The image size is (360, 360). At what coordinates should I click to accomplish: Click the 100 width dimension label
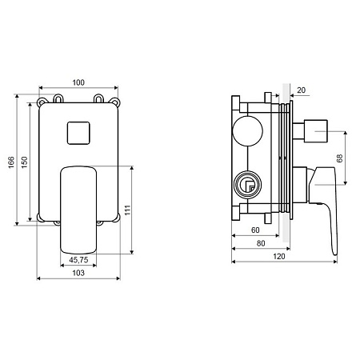point(78,82)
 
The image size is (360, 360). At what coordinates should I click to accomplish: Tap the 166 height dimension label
point(11,162)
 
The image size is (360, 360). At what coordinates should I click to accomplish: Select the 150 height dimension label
point(24,162)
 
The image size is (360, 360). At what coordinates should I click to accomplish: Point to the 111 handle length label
point(128,210)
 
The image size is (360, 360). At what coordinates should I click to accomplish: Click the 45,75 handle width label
point(78,260)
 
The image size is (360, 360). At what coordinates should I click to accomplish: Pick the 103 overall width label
point(78,273)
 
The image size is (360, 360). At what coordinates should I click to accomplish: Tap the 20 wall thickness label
point(301,90)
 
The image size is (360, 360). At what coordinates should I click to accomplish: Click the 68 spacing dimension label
point(339,158)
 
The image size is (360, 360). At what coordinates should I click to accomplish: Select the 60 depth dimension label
point(255,230)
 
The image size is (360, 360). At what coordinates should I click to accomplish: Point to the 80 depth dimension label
point(261,243)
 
